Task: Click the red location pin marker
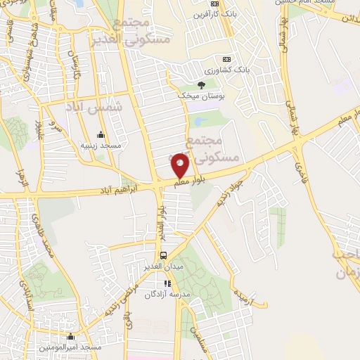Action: pos(180,165)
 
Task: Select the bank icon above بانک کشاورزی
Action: pos(226,60)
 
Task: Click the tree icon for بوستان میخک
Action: pos(202,85)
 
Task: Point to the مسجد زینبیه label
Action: pos(101,146)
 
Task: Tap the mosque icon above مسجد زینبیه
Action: pos(101,134)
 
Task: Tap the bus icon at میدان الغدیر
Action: pos(163,255)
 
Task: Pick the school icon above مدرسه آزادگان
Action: pos(167,284)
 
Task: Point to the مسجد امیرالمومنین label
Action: pos(79,347)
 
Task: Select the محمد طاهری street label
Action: pos(42,232)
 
